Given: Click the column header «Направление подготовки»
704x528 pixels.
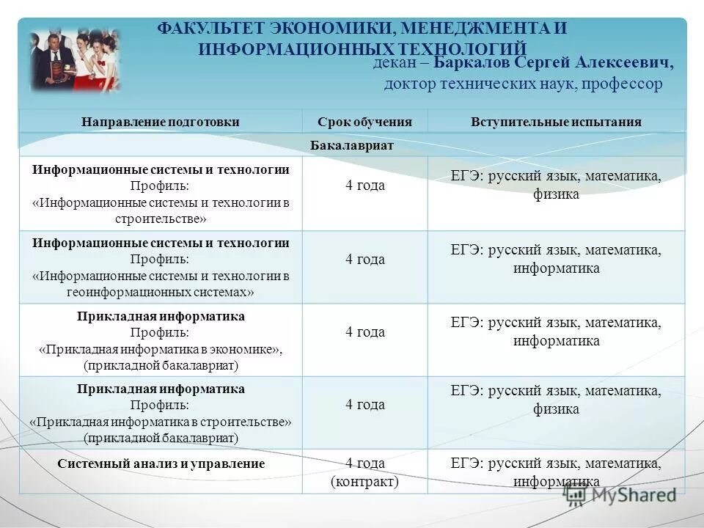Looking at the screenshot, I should [161, 122].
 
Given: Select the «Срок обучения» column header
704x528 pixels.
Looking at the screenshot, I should [364, 122].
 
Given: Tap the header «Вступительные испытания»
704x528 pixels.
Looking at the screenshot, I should [556, 122].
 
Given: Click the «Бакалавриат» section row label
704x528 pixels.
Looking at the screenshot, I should [352, 145].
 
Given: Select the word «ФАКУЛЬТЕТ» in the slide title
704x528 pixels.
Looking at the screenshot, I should [211, 29].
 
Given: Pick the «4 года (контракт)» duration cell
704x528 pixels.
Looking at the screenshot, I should [364, 472].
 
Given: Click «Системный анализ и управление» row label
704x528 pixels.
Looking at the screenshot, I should [161, 463].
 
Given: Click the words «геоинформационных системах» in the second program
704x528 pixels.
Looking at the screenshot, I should [161, 292].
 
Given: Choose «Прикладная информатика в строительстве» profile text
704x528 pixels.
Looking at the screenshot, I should [161, 422].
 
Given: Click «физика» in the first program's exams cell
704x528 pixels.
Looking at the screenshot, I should [556, 194].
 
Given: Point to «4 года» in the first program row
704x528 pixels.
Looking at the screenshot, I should [364, 186].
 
